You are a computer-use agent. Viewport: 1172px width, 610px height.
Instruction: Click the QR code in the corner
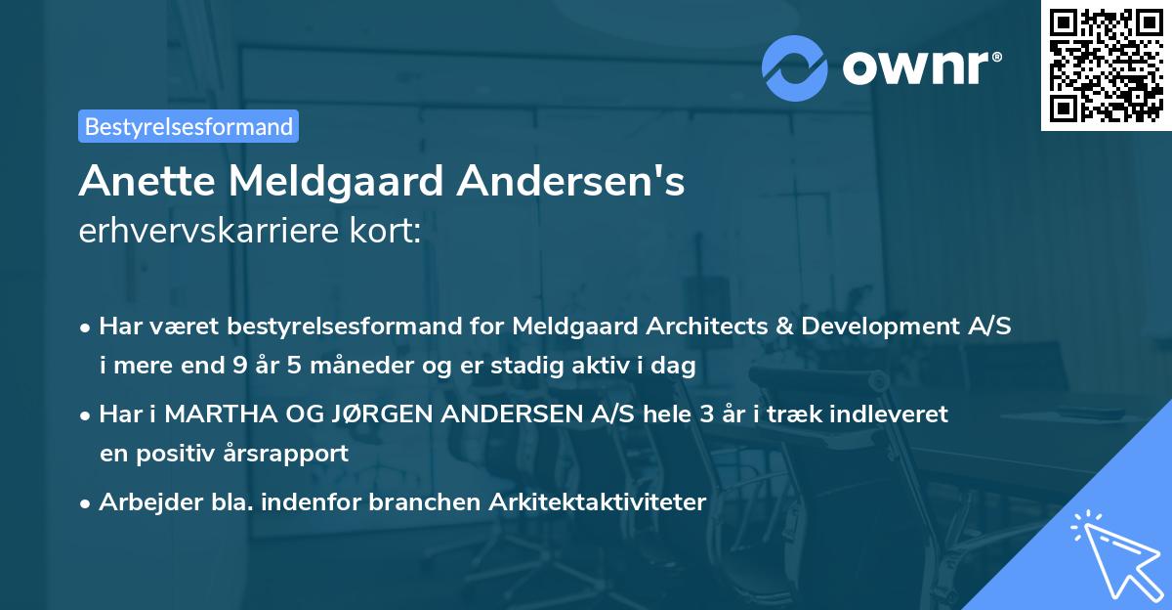[1107, 65]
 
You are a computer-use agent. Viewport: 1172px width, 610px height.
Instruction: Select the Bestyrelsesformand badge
[188, 126]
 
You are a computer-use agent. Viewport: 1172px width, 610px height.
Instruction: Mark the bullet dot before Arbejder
[86, 503]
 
